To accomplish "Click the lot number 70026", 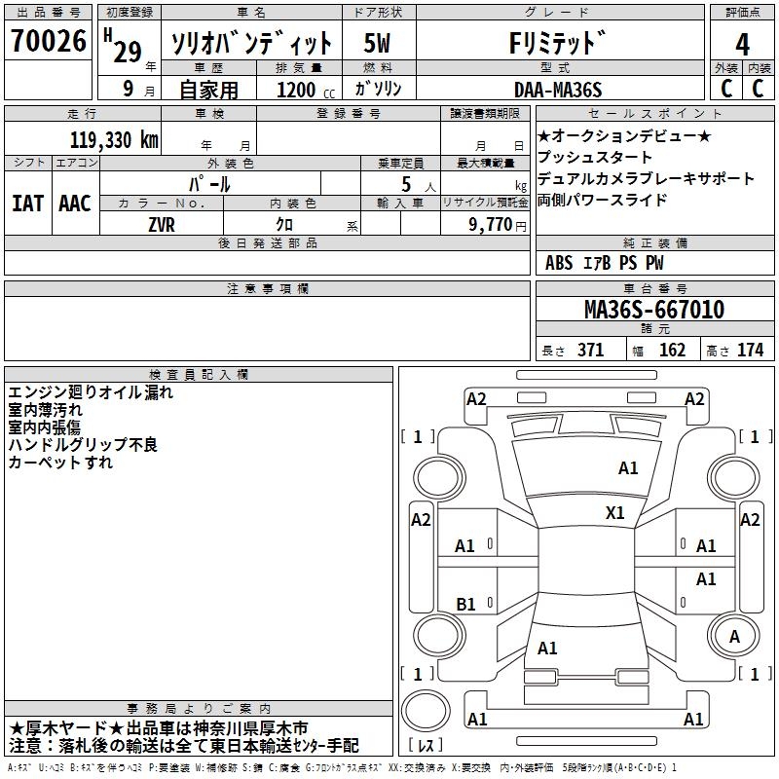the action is click(49, 40).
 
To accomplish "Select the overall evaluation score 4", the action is click(742, 44).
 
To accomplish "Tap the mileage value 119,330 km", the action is click(114, 139).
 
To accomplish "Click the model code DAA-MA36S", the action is click(558, 90).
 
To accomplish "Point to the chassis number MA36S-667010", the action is click(654, 309).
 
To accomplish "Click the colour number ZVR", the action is click(162, 225).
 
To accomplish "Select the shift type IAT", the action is click(27, 204).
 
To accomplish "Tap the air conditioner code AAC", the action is click(75, 204).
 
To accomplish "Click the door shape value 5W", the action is click(377, 43).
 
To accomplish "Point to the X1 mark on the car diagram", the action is click(615, 513).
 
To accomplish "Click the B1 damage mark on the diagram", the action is click(466, 604).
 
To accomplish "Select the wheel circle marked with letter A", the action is click(734, 636).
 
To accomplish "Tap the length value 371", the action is click(591, 351).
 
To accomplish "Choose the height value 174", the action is click(750, 351).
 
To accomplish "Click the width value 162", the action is click(672, 351).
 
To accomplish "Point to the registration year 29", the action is click(128, 52).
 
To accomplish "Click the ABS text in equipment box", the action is click(559, 263).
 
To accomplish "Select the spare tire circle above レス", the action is click(426, 711).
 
